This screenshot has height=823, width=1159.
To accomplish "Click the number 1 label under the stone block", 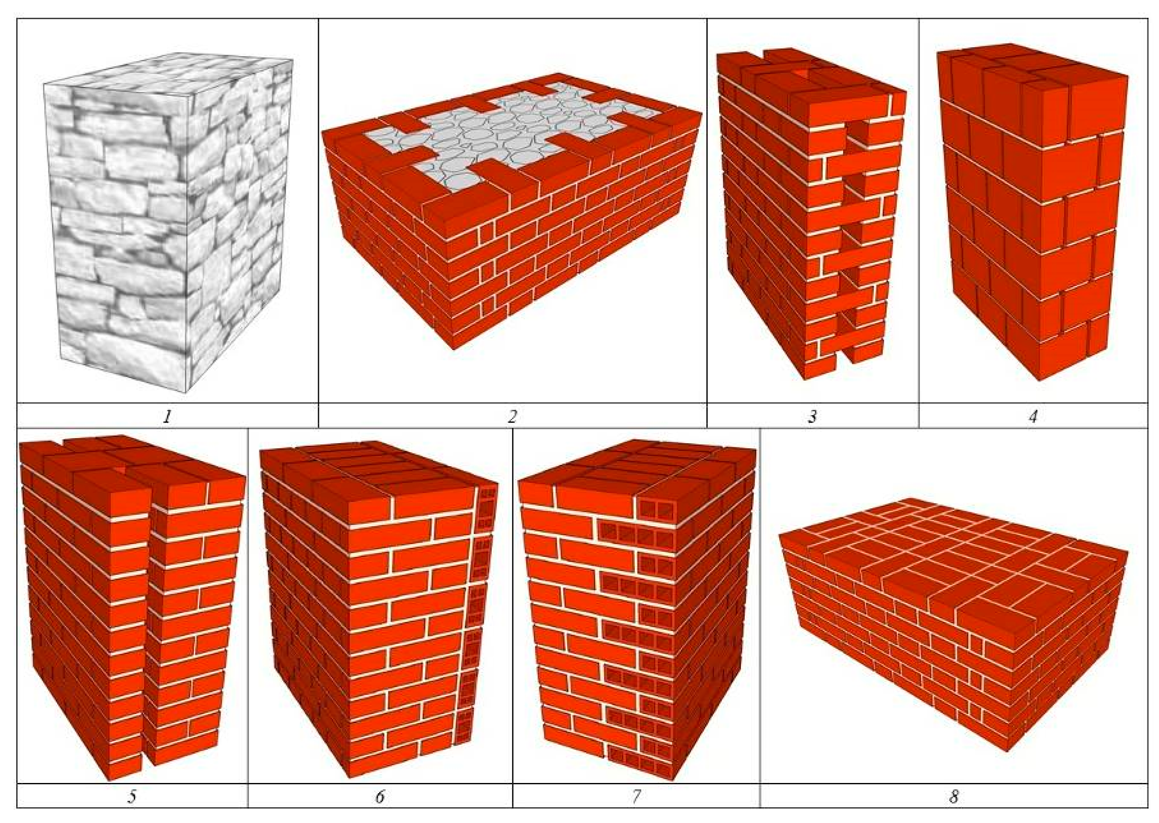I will [167, 416].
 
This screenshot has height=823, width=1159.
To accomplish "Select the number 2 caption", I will [512, 416].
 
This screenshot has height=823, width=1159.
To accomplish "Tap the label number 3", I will [812, 416].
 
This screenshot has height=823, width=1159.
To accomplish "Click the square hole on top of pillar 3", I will [802, 75].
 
